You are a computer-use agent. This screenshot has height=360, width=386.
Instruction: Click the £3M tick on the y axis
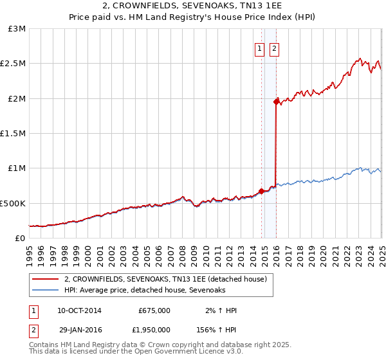[17, 29]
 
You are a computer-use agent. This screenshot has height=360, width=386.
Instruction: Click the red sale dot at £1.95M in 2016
[277, 102]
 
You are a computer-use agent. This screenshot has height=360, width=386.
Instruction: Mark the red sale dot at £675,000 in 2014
[262, 191]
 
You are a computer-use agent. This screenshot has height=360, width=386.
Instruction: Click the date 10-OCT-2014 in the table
[79, 310]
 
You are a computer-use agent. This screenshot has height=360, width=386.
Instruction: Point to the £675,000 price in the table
[154, 310]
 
